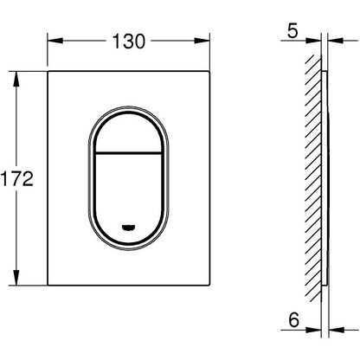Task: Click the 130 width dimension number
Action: (x=129, y=42)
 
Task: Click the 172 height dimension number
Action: (x=16, y=178)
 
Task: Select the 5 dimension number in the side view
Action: (x=292, y=31)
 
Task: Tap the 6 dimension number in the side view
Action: (x=294, y=320)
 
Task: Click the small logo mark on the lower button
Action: (x=129, y=228)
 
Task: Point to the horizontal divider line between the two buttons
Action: (x=129, y=151)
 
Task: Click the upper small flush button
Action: (x=129, y=132)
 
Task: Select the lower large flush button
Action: (x=129, y=196)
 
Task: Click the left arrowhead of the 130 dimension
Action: (x=55, y=41)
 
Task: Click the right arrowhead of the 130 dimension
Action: (x=202, y=41)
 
